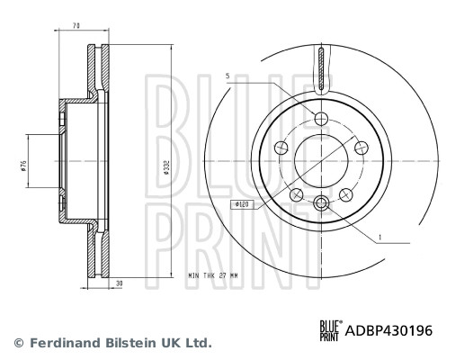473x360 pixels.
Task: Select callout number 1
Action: [x=381, y=237]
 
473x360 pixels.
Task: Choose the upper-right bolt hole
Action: [x=361, y=148]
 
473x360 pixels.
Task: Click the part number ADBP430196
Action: [x=389, y=330]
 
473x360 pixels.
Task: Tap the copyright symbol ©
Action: [x=17, y=343]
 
